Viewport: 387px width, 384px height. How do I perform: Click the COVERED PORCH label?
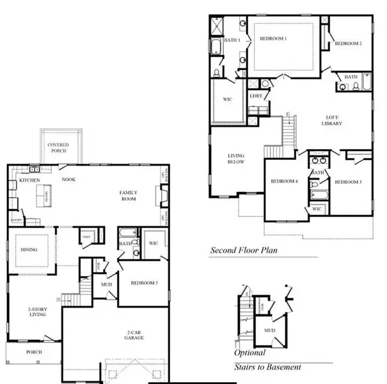click(x=58, y=148)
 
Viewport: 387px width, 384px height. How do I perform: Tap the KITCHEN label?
click(x=29, y=180)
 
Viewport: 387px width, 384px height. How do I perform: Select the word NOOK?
click(x=68, y=180)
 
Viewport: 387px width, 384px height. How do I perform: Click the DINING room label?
click(x=29, y=250)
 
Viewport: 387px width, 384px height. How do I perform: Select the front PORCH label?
click(x=34, y=352)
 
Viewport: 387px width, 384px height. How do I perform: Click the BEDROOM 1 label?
click(x=273, y=39)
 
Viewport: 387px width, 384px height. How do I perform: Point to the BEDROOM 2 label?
click(x=349, y=44)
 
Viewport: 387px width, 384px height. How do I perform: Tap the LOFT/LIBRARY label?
click(x=333, y=120)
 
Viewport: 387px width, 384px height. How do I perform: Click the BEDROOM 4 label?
click(x=284, y=182)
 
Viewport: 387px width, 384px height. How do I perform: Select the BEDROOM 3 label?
click(x=348, y=182)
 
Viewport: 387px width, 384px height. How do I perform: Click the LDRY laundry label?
click(x=257, y=96)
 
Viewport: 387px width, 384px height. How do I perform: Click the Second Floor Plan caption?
click(x=244, y=250)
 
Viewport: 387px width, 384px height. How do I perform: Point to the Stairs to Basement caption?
click(x=267, y=367)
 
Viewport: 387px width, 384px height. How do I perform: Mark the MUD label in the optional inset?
click(x=269, y=331)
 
